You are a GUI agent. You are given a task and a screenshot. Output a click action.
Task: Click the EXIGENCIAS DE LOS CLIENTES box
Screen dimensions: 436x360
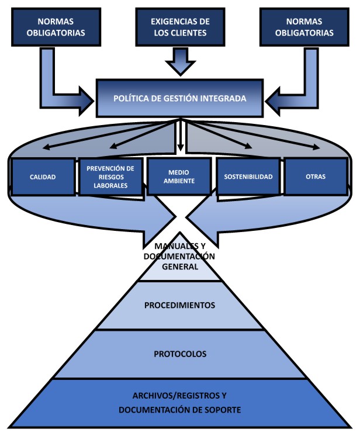(180, 27)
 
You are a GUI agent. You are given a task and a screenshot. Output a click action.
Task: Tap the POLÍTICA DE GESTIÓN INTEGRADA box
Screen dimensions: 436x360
(179, 98)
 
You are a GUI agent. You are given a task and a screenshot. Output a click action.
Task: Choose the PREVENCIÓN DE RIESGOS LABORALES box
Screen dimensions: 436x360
(110, 177)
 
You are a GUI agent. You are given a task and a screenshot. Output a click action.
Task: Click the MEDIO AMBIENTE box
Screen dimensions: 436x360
(179, 177)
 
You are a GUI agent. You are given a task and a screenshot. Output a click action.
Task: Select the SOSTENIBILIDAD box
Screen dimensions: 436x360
(248, 177)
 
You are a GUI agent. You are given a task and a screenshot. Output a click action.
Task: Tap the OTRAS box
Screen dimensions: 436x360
(316, 177)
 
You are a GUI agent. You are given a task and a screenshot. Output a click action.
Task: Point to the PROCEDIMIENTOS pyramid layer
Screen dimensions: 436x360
(179, 305)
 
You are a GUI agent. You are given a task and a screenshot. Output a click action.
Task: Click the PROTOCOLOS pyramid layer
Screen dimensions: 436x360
(179, 354)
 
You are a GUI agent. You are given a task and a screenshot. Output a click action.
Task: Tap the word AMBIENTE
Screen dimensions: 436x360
(179, 181)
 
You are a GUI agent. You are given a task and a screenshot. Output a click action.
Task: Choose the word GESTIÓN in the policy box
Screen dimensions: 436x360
(185, 98)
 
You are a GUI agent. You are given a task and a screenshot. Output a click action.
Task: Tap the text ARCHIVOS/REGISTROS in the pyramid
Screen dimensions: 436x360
(179, 397)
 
